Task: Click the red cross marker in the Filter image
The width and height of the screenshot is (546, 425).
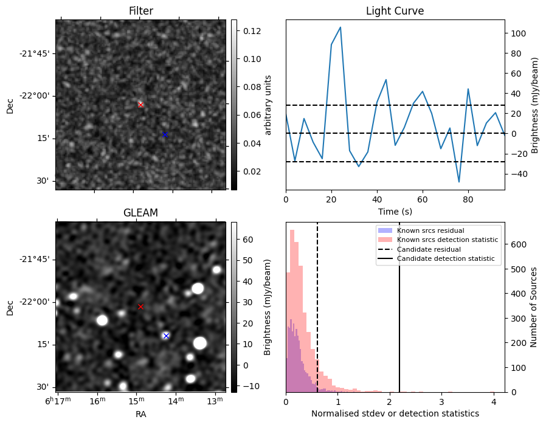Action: click(140, 105)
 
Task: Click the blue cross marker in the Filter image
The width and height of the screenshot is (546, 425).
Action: click(164, 134)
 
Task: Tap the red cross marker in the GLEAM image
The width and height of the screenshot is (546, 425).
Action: click(140, 306)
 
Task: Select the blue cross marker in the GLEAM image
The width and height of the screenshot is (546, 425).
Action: click(166, 336)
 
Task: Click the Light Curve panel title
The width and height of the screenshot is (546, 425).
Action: click(395, 12)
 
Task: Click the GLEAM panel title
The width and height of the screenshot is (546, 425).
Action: click(140, 213)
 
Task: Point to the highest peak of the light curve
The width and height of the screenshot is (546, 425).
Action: click(340, 27)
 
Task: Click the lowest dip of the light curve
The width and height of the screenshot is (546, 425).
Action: click(459, 182)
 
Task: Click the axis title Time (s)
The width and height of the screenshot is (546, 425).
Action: click(395, 211)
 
